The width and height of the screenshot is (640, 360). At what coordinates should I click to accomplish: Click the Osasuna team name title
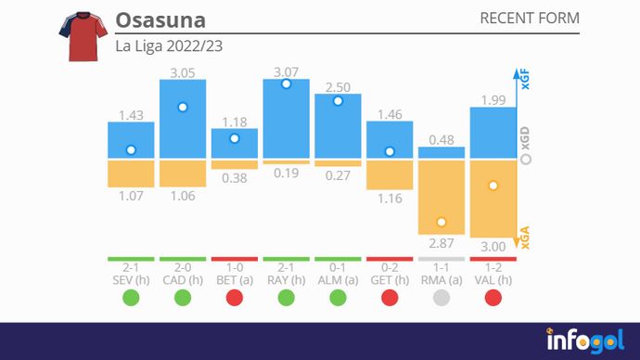click(160, 19)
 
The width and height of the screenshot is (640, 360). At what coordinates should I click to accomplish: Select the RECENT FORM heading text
click(530, 19)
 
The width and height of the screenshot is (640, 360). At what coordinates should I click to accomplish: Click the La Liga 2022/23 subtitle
click(169, 45)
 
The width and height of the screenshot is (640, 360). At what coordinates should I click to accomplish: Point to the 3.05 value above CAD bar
click(183, 71)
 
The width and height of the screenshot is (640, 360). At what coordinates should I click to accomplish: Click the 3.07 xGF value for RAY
click(286, 71)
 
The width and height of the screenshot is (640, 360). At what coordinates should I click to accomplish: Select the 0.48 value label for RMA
click(442, 140)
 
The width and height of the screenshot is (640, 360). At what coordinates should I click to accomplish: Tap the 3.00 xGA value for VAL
click(493, 246)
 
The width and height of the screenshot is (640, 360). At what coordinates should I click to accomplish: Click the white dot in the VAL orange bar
click(493, 186)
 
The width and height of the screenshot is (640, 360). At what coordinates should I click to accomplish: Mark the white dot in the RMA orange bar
click(442, 222)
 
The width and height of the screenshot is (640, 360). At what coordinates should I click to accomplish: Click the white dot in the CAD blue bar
click(183, 108)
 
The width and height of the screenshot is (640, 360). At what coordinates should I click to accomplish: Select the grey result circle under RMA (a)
click(442, 298)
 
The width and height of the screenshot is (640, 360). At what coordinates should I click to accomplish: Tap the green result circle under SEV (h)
click(131, 298)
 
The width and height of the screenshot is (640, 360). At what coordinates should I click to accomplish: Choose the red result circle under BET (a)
click(235, 298)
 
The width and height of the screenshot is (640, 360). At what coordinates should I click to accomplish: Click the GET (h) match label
click(390, 280)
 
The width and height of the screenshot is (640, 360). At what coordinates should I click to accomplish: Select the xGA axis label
click(525, 238)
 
